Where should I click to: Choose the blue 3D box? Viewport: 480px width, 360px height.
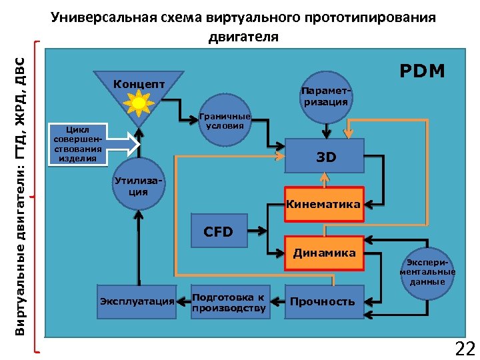(x=325, y=157)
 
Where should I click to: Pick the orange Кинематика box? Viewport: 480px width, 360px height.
(x=323, y=204)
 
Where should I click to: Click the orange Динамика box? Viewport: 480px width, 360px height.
(x=325, y=253)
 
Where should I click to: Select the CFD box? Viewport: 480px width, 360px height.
(x=218, y=231)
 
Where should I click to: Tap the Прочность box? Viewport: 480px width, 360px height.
(x=323, y=301)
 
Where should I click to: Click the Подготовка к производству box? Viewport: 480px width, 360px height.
(x=229, y=302)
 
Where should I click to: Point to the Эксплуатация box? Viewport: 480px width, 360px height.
(x=137, y=301)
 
